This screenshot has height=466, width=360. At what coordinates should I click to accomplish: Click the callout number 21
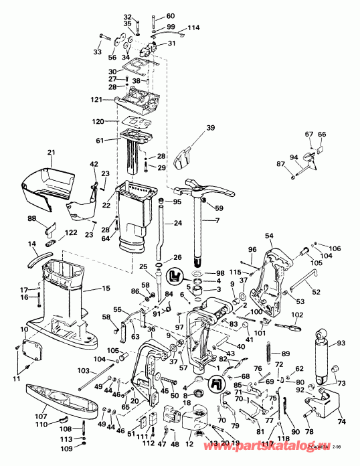[x=50, y=153]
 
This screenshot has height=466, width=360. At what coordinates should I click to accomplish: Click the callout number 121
[x=98, y=100]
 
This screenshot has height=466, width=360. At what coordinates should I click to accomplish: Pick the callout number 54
[x=269, y=236]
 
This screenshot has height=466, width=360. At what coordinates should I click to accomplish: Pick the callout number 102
[x=298, y=315]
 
